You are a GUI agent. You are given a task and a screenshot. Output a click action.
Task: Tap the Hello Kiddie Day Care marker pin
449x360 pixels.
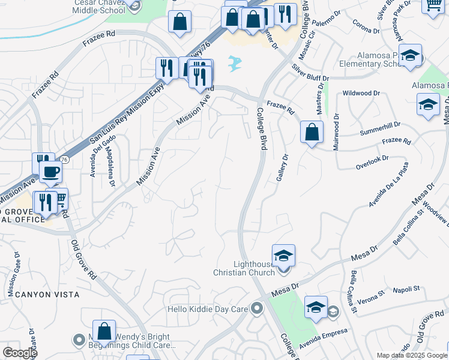point(258,310)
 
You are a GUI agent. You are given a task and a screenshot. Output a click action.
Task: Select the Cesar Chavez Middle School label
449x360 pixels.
point(101,6)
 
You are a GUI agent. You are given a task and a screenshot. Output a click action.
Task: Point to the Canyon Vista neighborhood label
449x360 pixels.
point(47,294)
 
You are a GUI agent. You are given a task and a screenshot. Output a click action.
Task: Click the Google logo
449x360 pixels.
point(20,353)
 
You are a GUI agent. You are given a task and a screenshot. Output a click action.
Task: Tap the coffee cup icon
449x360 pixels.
point(50,172)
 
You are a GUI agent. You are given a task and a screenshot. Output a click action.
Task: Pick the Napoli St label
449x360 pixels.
point(406,290)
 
